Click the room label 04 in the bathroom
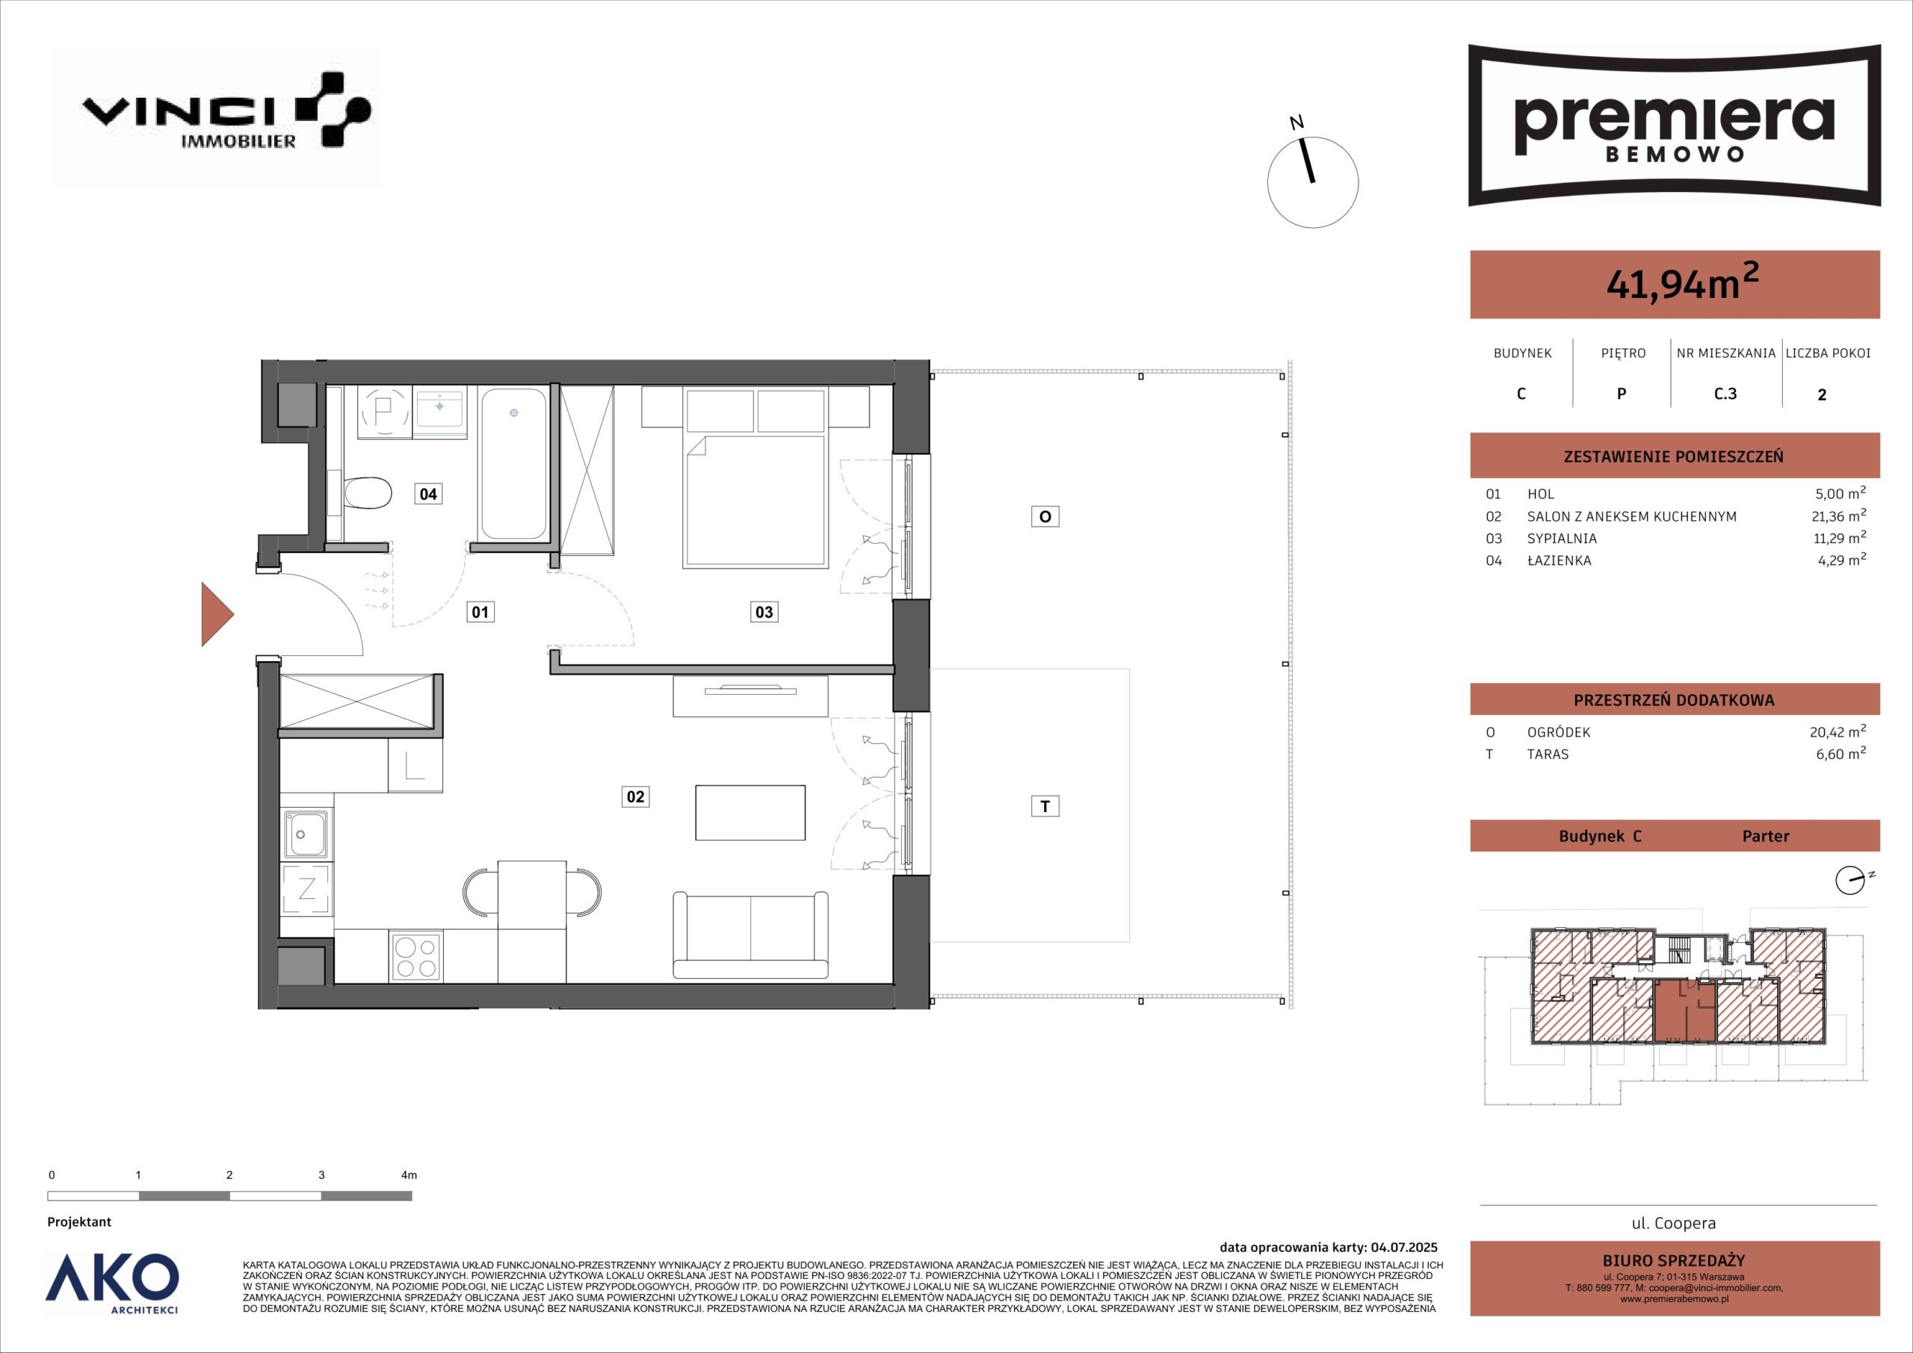tap(427, 494)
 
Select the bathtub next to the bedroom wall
tap(513, 463)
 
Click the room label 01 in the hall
tap(480, 613)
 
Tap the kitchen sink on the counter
tap(306, 834)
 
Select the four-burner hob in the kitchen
tap(415, 956)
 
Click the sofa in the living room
tap(751, 935)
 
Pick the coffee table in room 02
tap(751, 812)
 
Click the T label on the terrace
tap(1045, 805)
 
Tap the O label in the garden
tap(1045, 516)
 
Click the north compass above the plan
tap(1312, 182)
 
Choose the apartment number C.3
tap(1725, 393)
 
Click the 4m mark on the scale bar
tap(409, 1175)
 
